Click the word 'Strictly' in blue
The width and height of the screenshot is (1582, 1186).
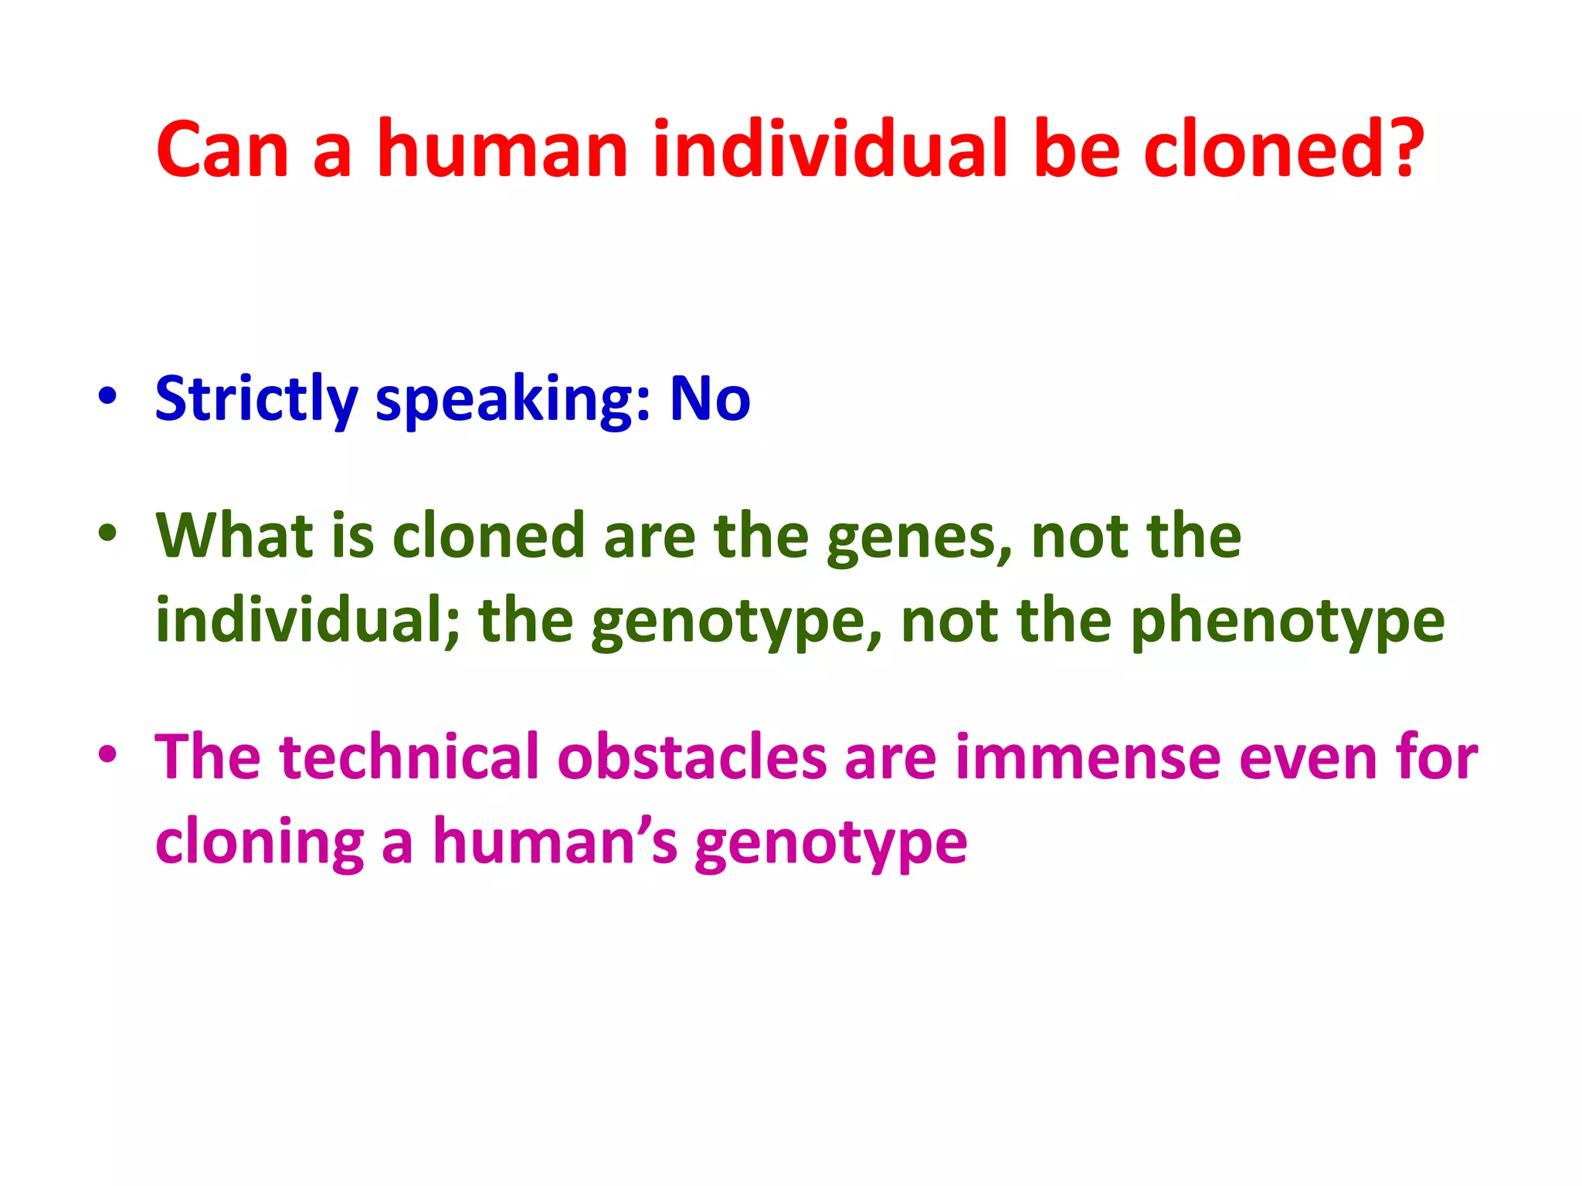(x=256, y=399)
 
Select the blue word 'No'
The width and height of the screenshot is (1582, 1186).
(x=709, y=399)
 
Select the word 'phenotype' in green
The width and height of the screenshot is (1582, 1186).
(x=1287, y=622)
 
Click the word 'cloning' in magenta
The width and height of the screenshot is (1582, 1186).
(x=260, y=842)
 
